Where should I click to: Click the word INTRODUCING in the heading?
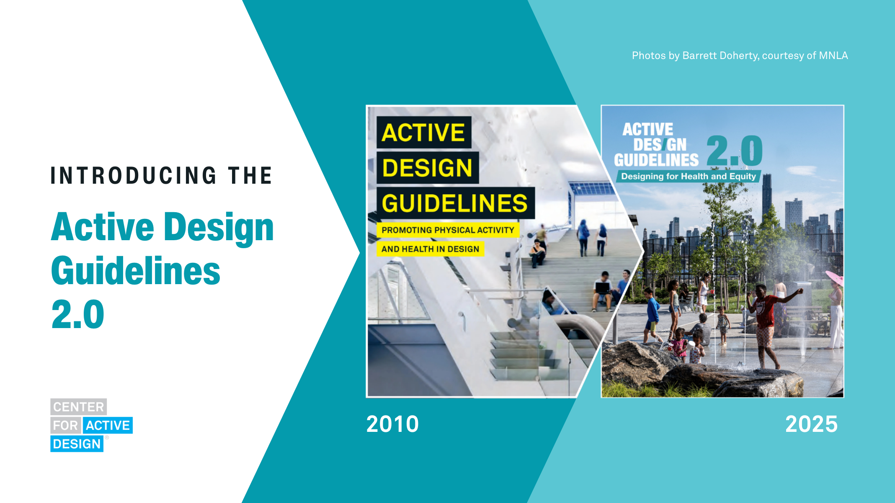pos(133,175)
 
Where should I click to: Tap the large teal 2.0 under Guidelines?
pos(78,314)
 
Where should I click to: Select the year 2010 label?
pos(392,424)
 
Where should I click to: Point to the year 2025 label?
pos(811,424)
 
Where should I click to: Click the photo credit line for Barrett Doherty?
pos(740,56)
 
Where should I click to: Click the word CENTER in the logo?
pos(78,407)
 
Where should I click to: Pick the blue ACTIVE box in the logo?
pos(108,425)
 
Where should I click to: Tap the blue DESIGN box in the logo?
pos(77,444)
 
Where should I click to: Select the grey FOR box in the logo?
pos(65,425)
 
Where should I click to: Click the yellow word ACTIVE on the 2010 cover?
pos(423,133)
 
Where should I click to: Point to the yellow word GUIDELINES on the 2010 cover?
pos(455,203)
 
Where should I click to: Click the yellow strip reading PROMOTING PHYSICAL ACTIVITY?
pos(448,230)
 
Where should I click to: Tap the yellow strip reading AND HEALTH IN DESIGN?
pos(430,249)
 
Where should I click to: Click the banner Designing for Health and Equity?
pos(688,176)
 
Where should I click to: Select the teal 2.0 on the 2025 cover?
pos(735,151)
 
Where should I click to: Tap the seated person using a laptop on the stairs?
pos(603,289)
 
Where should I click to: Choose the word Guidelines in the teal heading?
pos(136,271)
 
